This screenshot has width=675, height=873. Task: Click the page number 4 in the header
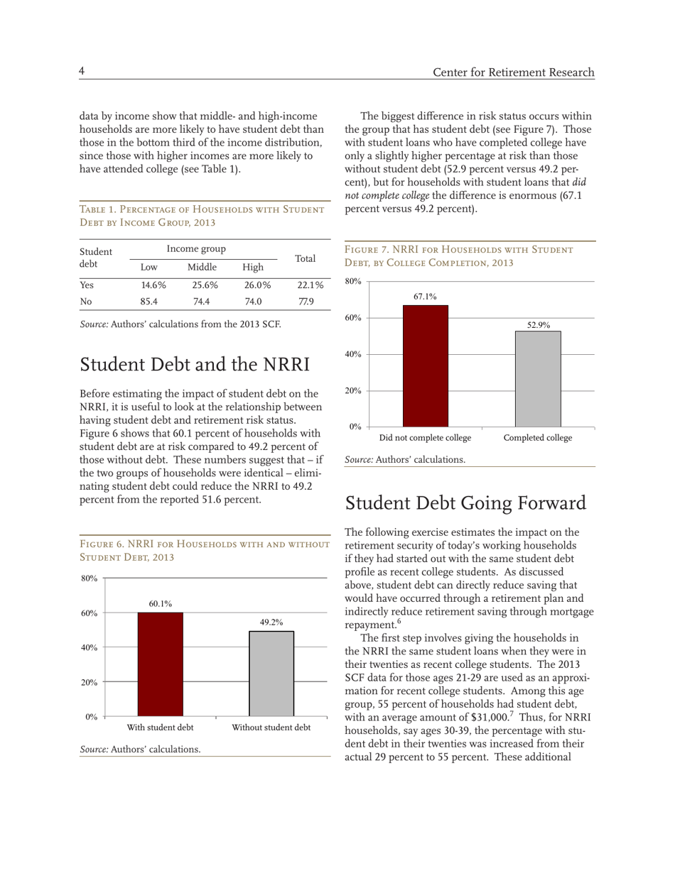pos(82,71)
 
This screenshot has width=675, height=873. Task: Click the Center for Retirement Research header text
pos(513,72)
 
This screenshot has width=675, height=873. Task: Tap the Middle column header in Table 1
pos(202,268)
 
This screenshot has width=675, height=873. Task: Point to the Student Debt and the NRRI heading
pos(195,365)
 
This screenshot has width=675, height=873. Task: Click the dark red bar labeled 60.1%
pos(160,664)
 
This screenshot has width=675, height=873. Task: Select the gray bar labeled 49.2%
pos(271,673)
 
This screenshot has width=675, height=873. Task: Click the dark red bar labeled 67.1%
pos(425,366)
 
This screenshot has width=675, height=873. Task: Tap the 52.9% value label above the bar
pos(538,325)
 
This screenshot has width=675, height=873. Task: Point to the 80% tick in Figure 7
pos(353,282)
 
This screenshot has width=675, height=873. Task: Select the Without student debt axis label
pos(271,727)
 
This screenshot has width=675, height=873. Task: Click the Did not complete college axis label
pos(425,438)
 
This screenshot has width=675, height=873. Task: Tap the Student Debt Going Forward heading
pos(465,503)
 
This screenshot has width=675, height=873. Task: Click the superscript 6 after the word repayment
pos(399,622)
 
